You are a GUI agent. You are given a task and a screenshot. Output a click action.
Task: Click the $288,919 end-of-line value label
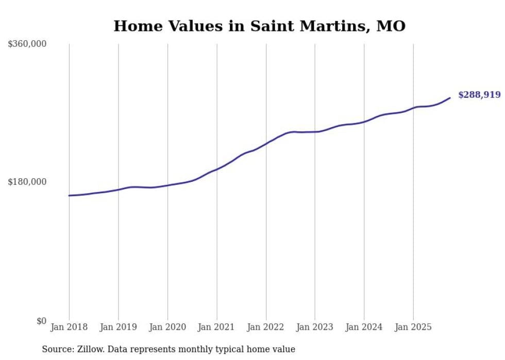pyautogui.click(x=479, y=95)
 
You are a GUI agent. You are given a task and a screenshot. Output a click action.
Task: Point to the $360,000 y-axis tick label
pyautogui.click(x=27, y=44)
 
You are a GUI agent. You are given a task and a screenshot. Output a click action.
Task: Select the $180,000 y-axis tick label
pyautogui.click(x=27, y=182)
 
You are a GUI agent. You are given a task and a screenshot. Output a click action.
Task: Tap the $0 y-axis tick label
pyautogui.click(x=41, y=321)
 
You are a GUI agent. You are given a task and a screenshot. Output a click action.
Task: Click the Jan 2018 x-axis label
pyautogui.click(x=69, y=327)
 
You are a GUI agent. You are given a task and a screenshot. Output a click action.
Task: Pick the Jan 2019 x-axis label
pyautogui.click(x=118, y=327)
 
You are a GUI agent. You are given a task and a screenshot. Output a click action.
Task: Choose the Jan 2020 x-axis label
pyautogui.click(x=167, y=327)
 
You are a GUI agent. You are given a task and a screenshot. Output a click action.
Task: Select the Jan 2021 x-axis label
pyautogui.click(x=216, y=327)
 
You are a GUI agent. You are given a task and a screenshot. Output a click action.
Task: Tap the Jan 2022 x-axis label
pyautogui.click(x=266, y=327)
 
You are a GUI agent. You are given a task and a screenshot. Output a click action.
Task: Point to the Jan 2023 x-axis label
pyautogui.click(x=315, y=327)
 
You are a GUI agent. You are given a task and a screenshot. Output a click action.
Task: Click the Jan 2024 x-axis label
pyautogui.click(x=364, y=327)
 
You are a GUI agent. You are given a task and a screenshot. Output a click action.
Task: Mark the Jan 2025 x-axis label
pyautogui.click(x=413, y=327)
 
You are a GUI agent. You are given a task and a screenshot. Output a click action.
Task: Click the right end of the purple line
pyautogui.click(x=450, y=98)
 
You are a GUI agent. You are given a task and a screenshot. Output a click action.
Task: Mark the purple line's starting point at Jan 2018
pyautogui.click(x=69, y=196)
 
